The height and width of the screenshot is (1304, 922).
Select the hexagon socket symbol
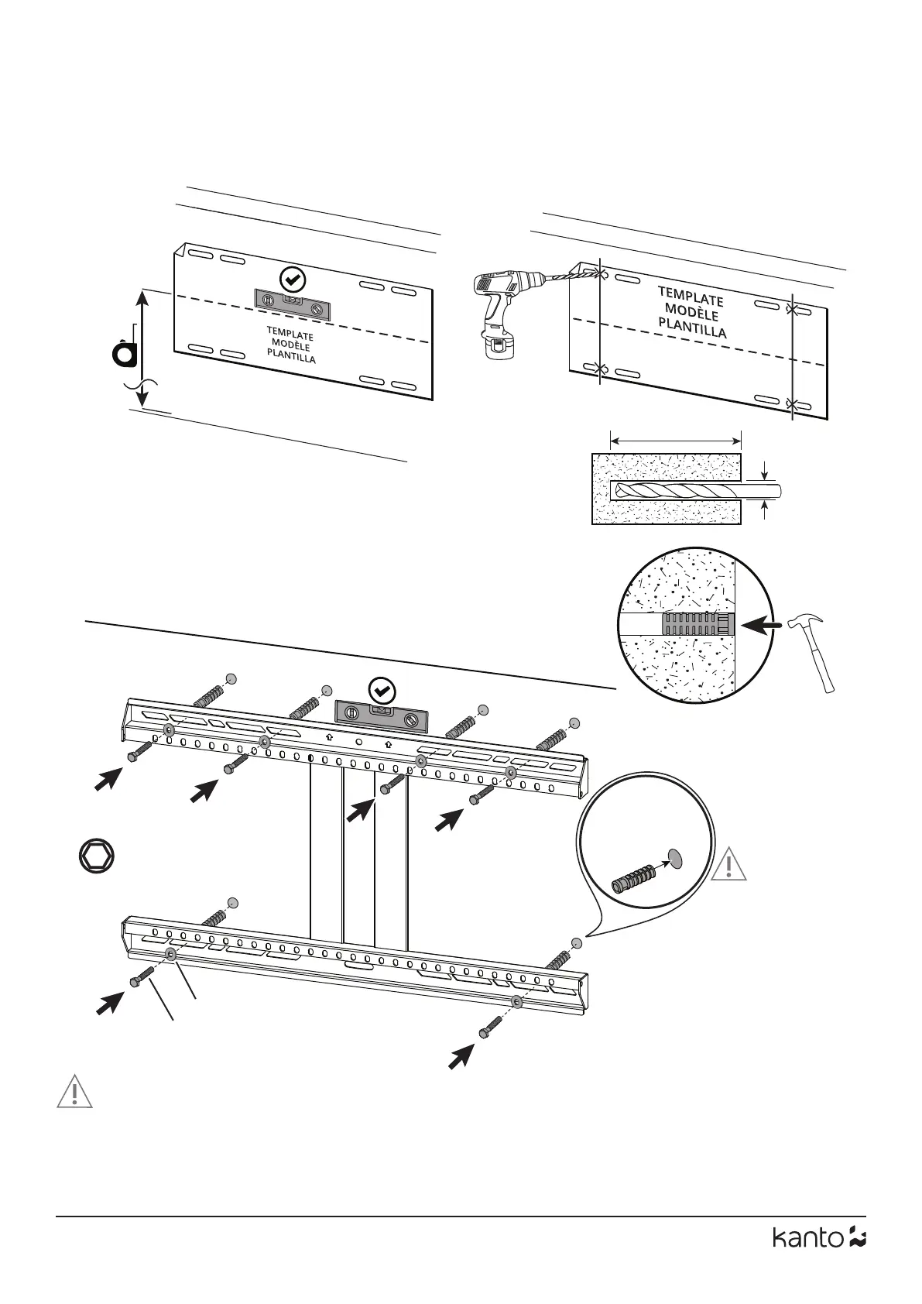[x=98, y=856]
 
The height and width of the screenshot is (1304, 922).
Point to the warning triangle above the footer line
[x=74, y=1092]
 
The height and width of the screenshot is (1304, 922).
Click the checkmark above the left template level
[x=293, y=278]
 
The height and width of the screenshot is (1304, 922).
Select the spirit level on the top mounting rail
[x=380, y=717]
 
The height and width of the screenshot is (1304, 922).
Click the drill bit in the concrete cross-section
[x=681, y=491]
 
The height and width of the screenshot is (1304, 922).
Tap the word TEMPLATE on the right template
[x=691, y=296]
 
